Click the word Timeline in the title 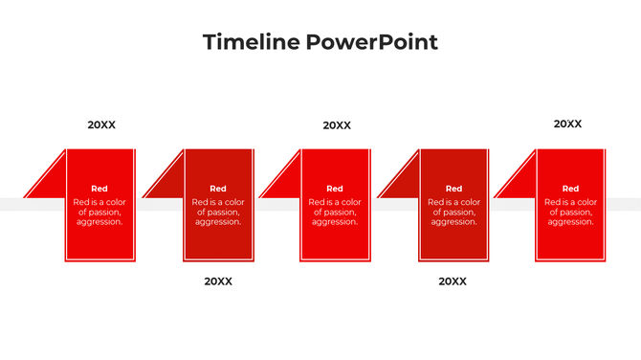point(251,42)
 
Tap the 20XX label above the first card point(101,124)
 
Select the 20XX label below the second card point(218,281)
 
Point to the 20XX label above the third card point(337,125)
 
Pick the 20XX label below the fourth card point(453,281)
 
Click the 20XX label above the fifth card point(567,124)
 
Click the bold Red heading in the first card point(99,189)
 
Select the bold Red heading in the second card point(218,189)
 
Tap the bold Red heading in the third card point(335,189)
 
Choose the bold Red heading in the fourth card point(453,189)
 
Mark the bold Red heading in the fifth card point(570,189)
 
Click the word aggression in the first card point(99,222)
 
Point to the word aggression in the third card point(335,222)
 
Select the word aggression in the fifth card point(570,222)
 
